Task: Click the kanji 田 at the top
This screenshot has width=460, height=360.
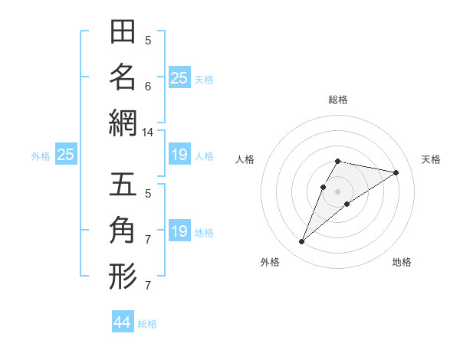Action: coord(123,33)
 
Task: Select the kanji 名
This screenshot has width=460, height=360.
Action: coord(123,77)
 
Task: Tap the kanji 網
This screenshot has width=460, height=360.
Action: coord(123,123)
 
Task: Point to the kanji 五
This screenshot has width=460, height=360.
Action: coord(123,185)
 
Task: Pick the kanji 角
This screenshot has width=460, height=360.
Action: coord(123,230)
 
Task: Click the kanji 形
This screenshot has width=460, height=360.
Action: coord(123,276)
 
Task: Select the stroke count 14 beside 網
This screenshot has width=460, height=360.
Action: coord(148,133)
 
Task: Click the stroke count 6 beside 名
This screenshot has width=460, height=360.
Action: coord(148,87)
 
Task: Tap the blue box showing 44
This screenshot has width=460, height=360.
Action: coord(123,322)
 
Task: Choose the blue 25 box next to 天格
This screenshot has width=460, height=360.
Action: coord(179,77)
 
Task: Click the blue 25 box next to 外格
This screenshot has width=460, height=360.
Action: coord(65,155)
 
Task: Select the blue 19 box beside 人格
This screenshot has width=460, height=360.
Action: coord(179,155)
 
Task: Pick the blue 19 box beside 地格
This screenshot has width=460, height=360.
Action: coord(179,231)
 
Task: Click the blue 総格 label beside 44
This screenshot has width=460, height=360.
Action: coord(148,324)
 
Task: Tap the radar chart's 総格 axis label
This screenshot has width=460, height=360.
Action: coord(338,100)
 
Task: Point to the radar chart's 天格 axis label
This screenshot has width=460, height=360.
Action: coord(432,159)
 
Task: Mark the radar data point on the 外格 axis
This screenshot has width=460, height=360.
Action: coord(301,242)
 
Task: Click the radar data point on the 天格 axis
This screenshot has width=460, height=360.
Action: coord(396,173)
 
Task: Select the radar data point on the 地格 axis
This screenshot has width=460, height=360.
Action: coord(347,204)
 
